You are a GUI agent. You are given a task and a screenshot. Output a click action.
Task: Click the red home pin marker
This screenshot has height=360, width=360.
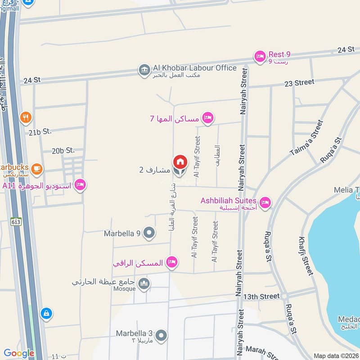click(180, 162)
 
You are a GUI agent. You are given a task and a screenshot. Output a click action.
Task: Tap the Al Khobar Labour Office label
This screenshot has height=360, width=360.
click(194, 68)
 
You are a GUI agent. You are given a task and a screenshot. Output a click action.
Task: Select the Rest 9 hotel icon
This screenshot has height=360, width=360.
click(260, 56)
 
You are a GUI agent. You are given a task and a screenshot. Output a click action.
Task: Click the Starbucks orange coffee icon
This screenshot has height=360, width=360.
click(36, 169)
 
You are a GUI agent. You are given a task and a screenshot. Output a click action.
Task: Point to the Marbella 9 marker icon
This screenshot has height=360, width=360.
click(149, 233)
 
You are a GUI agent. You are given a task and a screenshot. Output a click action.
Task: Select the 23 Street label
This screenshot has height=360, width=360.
click(299, 82)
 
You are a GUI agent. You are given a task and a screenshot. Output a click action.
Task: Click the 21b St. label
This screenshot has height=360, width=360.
click(40, 132)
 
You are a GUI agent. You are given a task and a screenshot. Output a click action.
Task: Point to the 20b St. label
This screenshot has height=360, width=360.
click(63, 151)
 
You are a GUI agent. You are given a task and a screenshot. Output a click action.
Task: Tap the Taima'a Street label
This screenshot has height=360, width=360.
click(307, 137)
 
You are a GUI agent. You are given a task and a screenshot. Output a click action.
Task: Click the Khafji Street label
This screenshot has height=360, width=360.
click(306, 256)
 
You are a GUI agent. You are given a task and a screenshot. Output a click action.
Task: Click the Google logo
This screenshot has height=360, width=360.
click(19, 353)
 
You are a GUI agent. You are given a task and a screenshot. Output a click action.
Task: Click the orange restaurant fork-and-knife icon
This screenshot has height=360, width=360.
click(26, 118)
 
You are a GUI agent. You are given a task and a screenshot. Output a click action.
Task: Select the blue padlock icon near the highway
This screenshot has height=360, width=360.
click(46, 314)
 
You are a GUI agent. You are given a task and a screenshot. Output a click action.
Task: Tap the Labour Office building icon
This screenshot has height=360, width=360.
click(144, 70)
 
